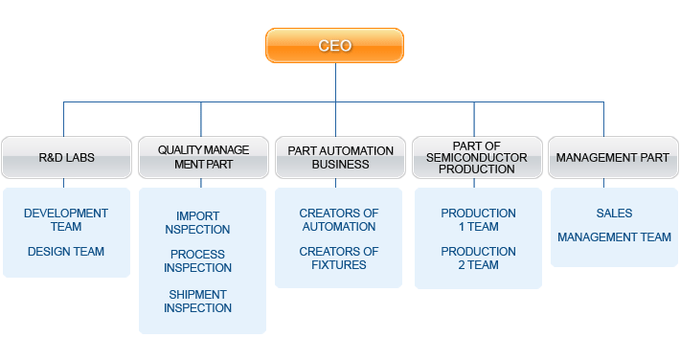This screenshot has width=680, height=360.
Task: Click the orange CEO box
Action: [x=334, y=45]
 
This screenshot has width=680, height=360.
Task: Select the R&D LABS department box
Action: [x=66, y=157]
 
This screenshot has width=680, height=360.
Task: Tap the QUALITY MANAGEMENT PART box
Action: [x=203, y=157]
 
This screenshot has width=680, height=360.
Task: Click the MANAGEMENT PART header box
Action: [x=613, y=157]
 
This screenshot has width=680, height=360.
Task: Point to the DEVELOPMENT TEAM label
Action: [x=66, y=220]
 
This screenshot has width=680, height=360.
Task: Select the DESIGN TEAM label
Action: [x=66, y=252]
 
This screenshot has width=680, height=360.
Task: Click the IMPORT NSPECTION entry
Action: [x=197, y=223]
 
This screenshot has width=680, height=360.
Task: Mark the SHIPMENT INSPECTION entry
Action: [x=197, y=302]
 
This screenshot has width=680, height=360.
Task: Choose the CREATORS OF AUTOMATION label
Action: [x=339, y=220]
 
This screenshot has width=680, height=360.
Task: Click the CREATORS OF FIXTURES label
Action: [x=339, y=259]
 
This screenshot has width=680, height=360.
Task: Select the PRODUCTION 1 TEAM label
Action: [x=478, y=220]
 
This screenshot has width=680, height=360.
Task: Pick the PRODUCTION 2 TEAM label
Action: [x=478, y=259]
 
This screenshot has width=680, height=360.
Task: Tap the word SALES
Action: [x=614, y=214]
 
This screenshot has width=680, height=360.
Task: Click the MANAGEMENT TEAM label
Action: [x=614, y=237]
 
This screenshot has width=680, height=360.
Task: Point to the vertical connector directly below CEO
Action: [x=334, y=82]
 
